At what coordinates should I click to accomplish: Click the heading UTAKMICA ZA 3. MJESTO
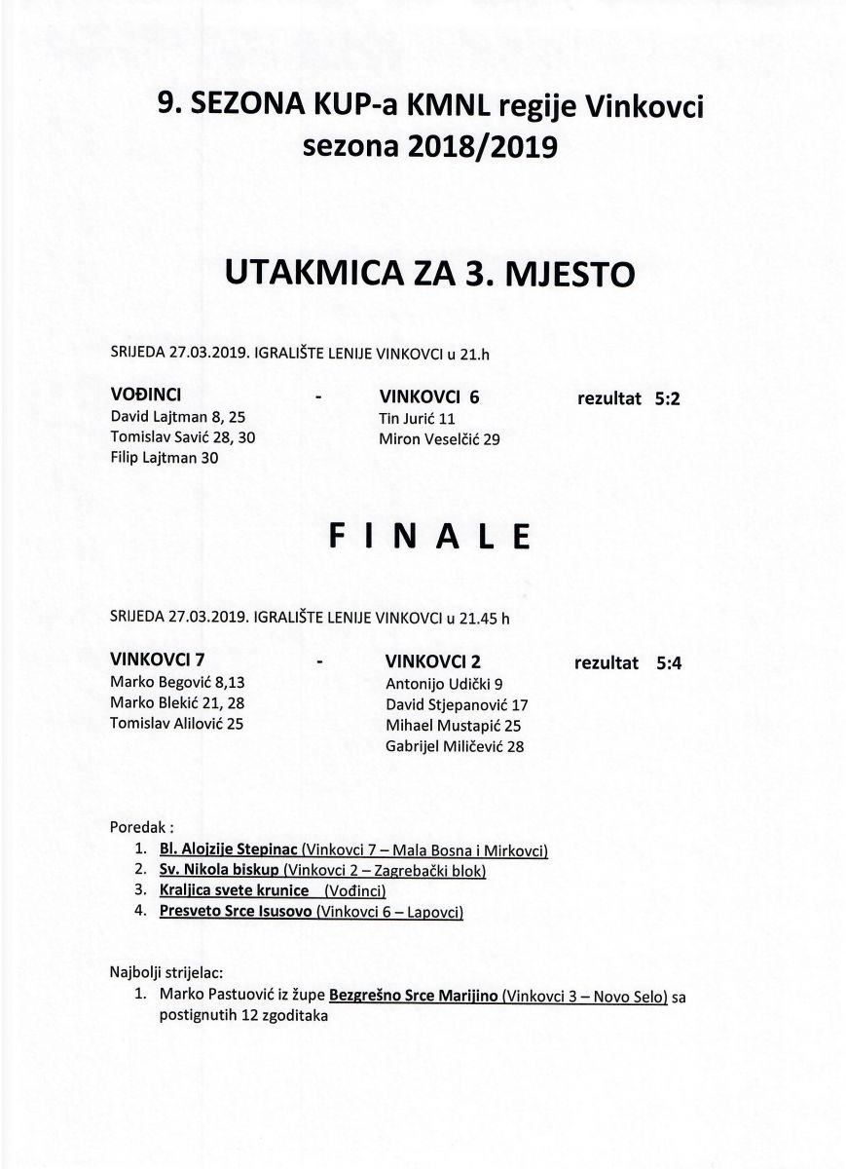[429, 272]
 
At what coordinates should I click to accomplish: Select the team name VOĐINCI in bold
[147, 396]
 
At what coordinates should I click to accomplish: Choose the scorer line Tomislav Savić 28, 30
[183, 438]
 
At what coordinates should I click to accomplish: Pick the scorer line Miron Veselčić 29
[439, 439]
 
